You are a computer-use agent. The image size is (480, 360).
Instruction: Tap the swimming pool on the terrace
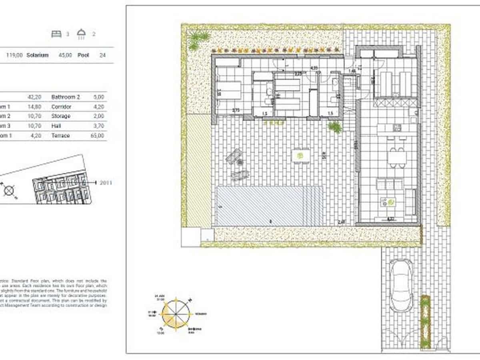point(269,206)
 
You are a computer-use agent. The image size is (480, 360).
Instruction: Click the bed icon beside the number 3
point(56,34)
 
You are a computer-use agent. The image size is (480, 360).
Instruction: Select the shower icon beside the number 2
point(82,34)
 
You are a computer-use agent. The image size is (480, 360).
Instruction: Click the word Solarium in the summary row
point(37,55)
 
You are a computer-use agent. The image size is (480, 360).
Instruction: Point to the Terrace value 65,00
point(98,136)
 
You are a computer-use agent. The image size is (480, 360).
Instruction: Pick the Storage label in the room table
point(61,116)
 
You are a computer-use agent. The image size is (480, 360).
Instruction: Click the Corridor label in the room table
point(61,107)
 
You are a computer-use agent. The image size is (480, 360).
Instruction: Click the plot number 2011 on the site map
point(106,183)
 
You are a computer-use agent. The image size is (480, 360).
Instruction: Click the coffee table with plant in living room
point(388,202)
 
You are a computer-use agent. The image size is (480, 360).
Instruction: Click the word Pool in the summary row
point(83,55)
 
